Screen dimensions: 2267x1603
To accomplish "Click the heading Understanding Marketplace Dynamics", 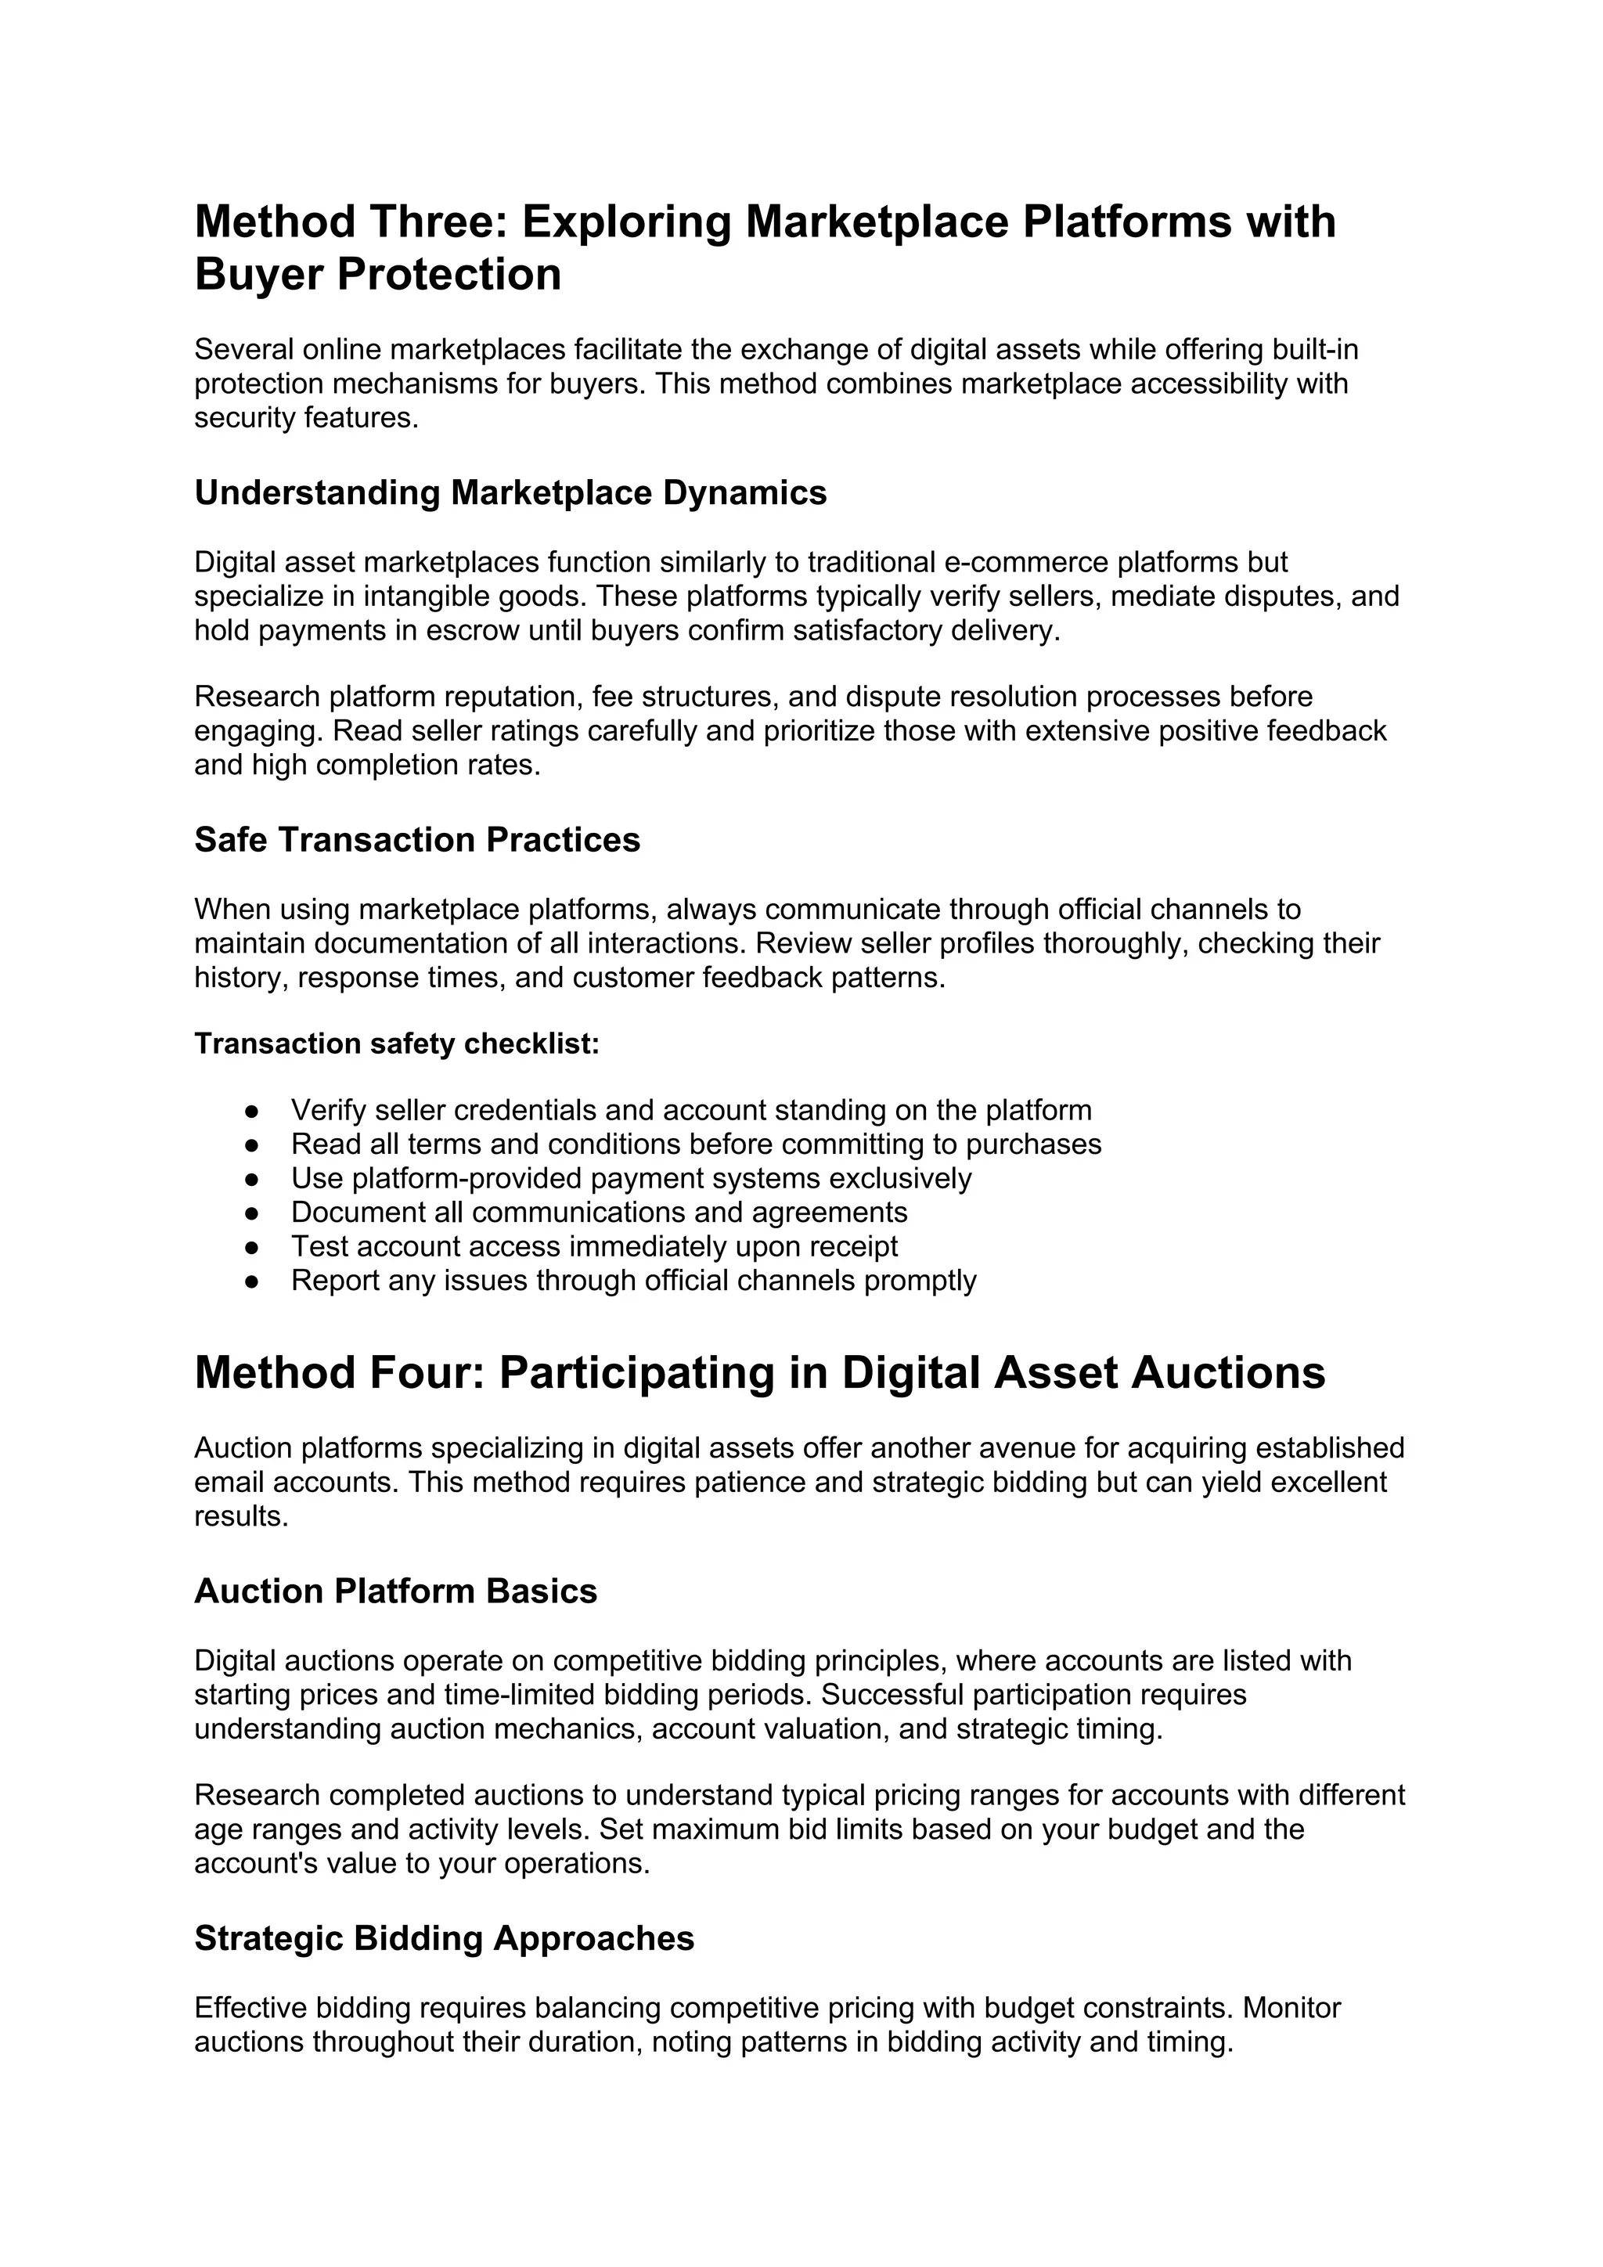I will [510, 492].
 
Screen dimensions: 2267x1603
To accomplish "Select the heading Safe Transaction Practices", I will [416, 839].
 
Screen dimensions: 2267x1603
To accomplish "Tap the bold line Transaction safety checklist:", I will [397, 1043].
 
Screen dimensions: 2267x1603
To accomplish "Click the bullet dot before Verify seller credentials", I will [252, 1111].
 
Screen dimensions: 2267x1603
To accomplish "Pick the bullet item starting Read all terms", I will [695, 1144].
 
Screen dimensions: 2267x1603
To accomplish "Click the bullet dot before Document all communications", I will [252, 1213].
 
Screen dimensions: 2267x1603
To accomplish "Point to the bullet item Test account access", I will [593, 1246].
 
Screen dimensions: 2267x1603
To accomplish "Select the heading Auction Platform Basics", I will [396, 1591].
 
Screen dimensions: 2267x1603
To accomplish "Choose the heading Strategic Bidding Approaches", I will [444, 1938].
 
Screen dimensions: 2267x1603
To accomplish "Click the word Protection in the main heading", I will [449, 275].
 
